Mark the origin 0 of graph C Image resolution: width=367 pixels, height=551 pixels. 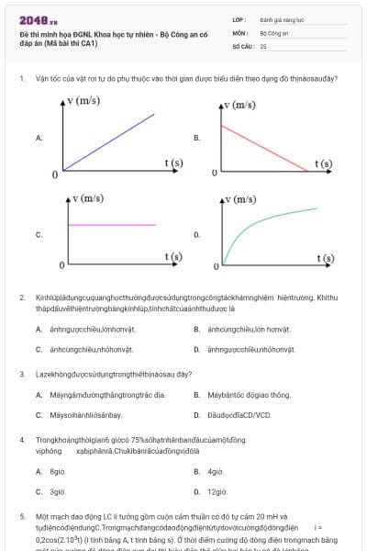click(x=61, y=265)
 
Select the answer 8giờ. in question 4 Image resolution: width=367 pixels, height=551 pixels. click(x=58, y=471)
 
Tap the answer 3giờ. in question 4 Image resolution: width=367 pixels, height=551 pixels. click(x=58, y=491)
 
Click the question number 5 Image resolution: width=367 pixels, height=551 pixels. click(x=21, y=517)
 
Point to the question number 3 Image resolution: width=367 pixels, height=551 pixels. click(x=21, y=375)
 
